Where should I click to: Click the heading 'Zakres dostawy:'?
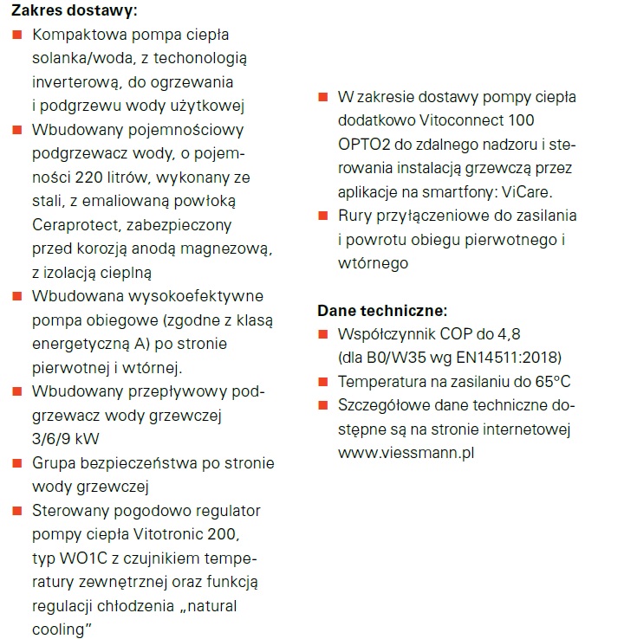click(x=74, y=12)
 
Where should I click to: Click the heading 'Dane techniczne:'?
click(x=382, y=310)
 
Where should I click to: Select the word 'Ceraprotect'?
click(x=75, y=225)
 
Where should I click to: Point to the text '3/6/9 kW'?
click(x=63, y=438)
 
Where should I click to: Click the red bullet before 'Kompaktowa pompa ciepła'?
click(x=16, y=35)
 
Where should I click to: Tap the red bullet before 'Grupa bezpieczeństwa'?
click(x=16, y=463)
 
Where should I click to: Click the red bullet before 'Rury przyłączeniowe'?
click(x=322, y=216)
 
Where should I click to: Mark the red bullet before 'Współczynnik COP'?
click(x=322, y=333)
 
